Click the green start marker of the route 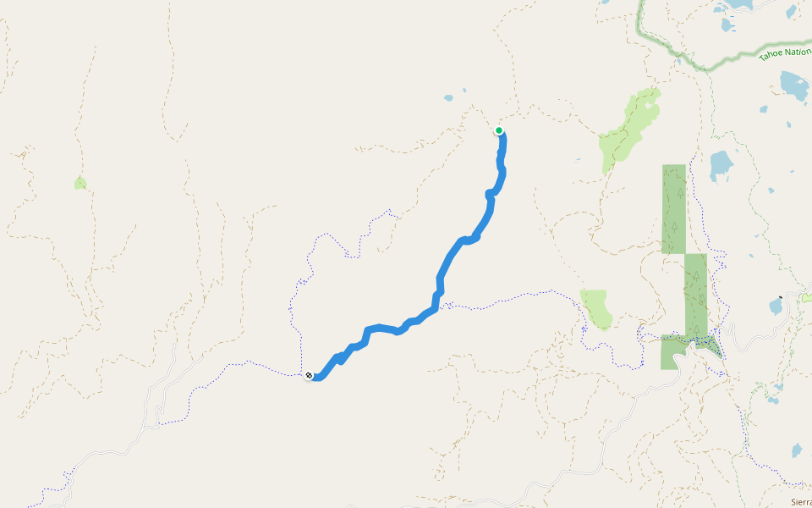tap(499, 130)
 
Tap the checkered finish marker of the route tap(309, 375)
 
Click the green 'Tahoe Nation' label tap(784, 53)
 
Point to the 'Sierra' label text tap(800, 502)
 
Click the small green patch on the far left tap(80, 183)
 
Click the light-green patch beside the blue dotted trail tap(595, 307)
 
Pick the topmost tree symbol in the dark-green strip tap(680, 192)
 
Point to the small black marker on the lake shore tap(780, 299)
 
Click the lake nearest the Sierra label tap(797, 450)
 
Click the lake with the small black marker tap(776, 306)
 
